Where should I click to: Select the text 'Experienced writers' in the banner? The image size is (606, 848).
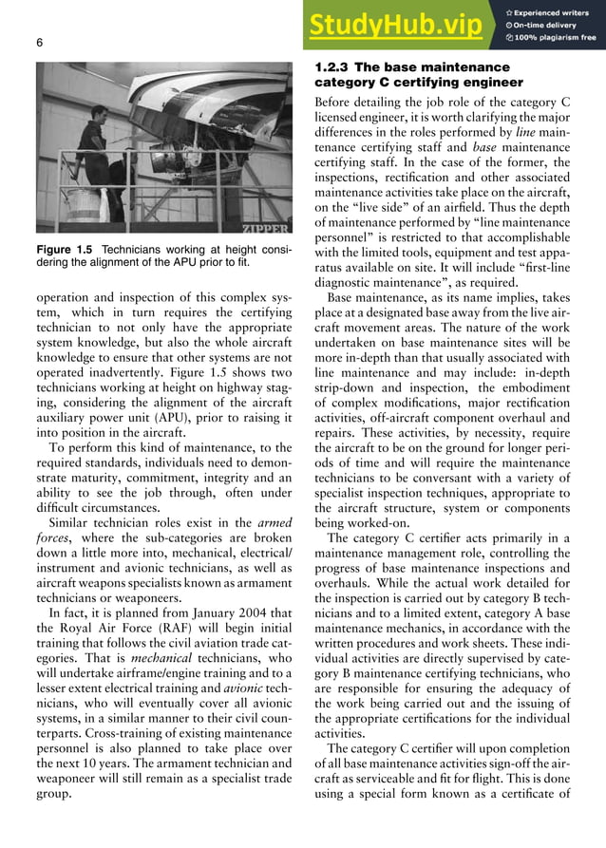point(557,10)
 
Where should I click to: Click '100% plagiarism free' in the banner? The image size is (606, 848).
point(557,38)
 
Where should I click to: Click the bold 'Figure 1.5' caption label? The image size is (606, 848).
point(66,250)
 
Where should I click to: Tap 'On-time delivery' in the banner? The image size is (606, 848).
point(552,24)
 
